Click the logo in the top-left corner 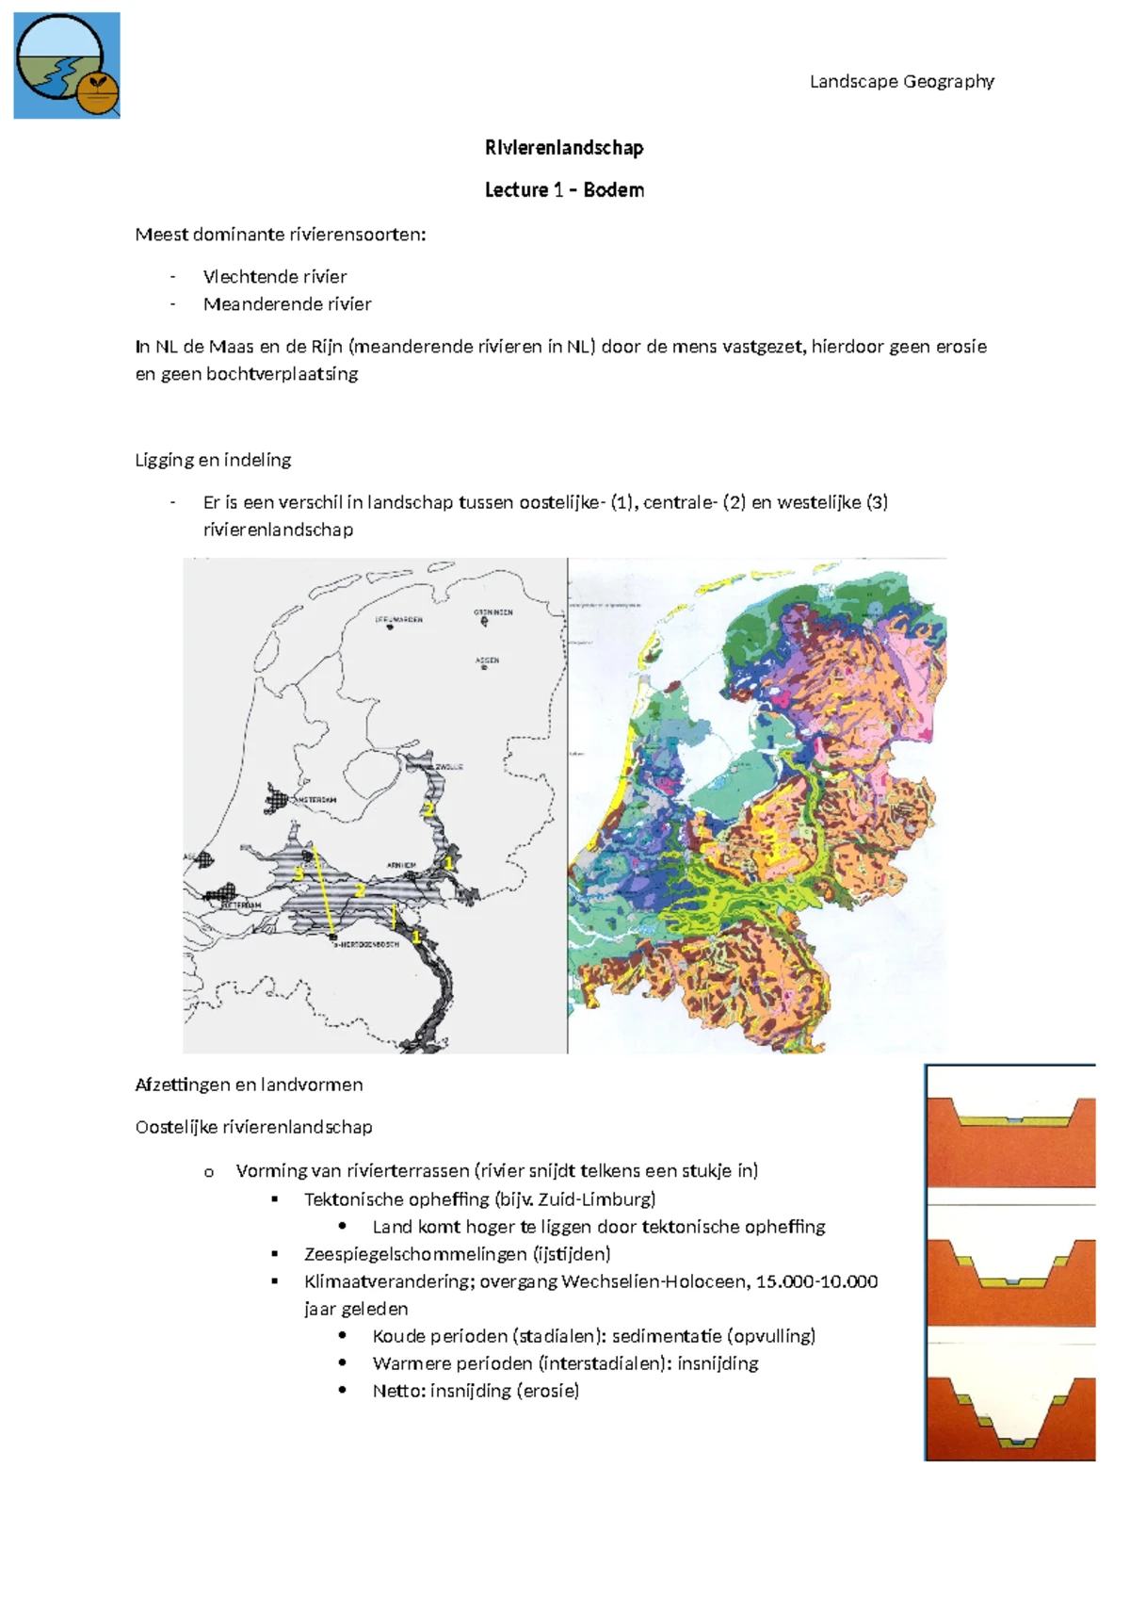66,65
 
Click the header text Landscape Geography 901,81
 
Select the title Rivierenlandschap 564,148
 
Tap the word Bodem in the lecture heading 613,189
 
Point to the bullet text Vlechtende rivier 274,277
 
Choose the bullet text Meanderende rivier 286,304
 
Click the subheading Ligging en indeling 213,460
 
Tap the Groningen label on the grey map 493,612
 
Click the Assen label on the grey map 488,660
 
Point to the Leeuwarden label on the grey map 399,620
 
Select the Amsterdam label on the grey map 315,800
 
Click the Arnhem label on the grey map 402,865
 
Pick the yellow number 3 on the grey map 299,873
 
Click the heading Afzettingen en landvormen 249,1084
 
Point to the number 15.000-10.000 816,1281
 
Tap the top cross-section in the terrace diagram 1010,1126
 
